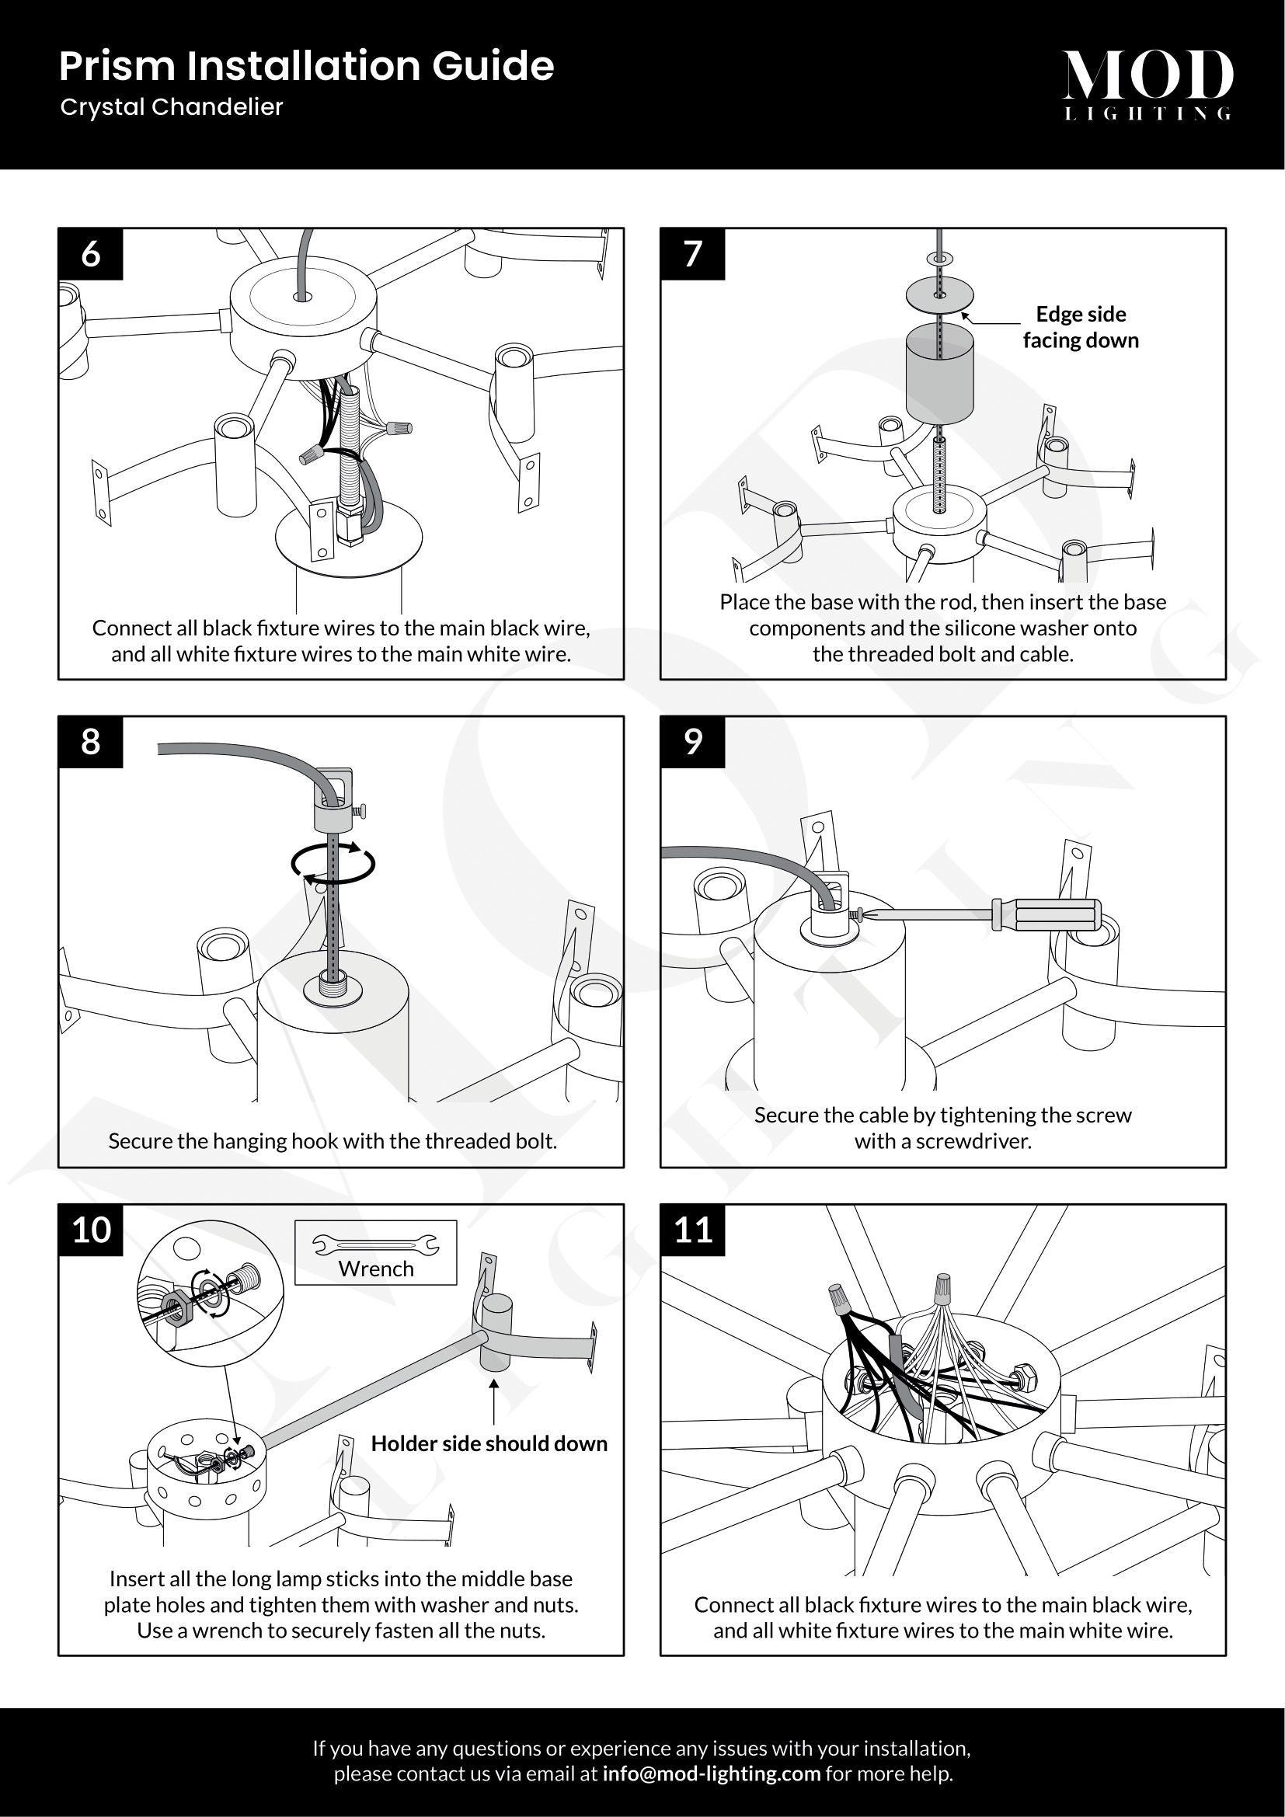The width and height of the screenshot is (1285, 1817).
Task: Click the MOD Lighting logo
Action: pos(1147,83)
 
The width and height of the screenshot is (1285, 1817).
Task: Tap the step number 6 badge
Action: pos(91,254)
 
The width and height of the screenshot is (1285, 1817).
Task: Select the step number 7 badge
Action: pos(692,254)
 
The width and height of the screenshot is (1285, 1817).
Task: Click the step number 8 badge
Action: pos(91,742)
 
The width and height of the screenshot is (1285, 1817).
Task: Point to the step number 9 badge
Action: pos(692,742)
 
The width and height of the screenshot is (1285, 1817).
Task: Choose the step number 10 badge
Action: pos(91,1230)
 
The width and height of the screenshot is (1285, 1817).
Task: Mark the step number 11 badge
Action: pos(692,1230)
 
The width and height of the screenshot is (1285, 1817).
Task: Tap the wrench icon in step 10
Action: pos(376,1245)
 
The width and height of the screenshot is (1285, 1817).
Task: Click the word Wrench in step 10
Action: pos(376,1269)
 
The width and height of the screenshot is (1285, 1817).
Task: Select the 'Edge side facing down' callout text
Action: pos(1080,327)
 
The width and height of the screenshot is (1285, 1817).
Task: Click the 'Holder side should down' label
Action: pos(489,1443)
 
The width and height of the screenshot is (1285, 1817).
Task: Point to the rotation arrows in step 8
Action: pos(333,862)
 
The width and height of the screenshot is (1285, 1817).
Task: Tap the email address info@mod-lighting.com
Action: pos(712,1773)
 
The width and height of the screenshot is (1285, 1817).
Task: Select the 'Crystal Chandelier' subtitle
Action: pos(172,107)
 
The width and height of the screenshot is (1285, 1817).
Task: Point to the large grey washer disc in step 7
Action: pos(939,294)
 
